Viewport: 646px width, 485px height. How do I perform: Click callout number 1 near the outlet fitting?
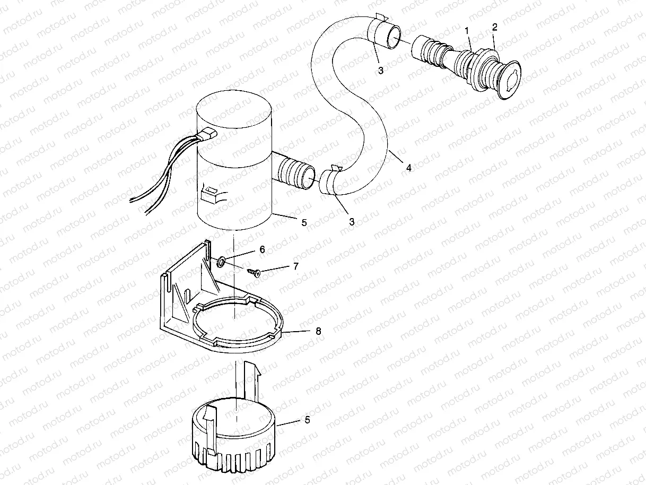(468, 31)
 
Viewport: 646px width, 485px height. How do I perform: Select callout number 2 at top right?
(494, 27)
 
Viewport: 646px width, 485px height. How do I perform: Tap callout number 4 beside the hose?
(408, 168)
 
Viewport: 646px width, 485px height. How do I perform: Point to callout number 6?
(262, 248)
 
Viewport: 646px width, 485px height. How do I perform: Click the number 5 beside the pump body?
(304, 223)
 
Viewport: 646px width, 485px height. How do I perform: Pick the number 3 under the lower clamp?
(352, 222)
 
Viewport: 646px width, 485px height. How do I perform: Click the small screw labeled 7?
(253, 272)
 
